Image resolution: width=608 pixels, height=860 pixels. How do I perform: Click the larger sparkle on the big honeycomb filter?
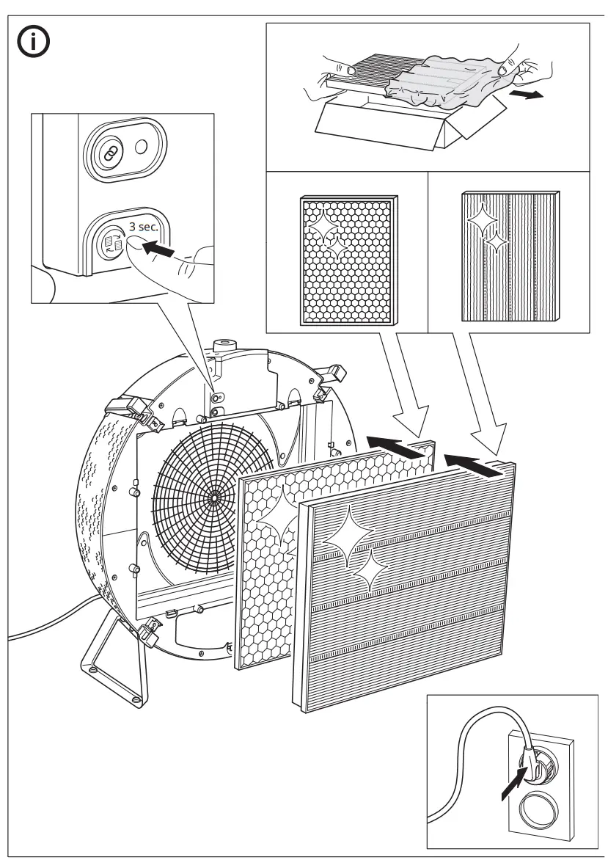click(279, 513)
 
